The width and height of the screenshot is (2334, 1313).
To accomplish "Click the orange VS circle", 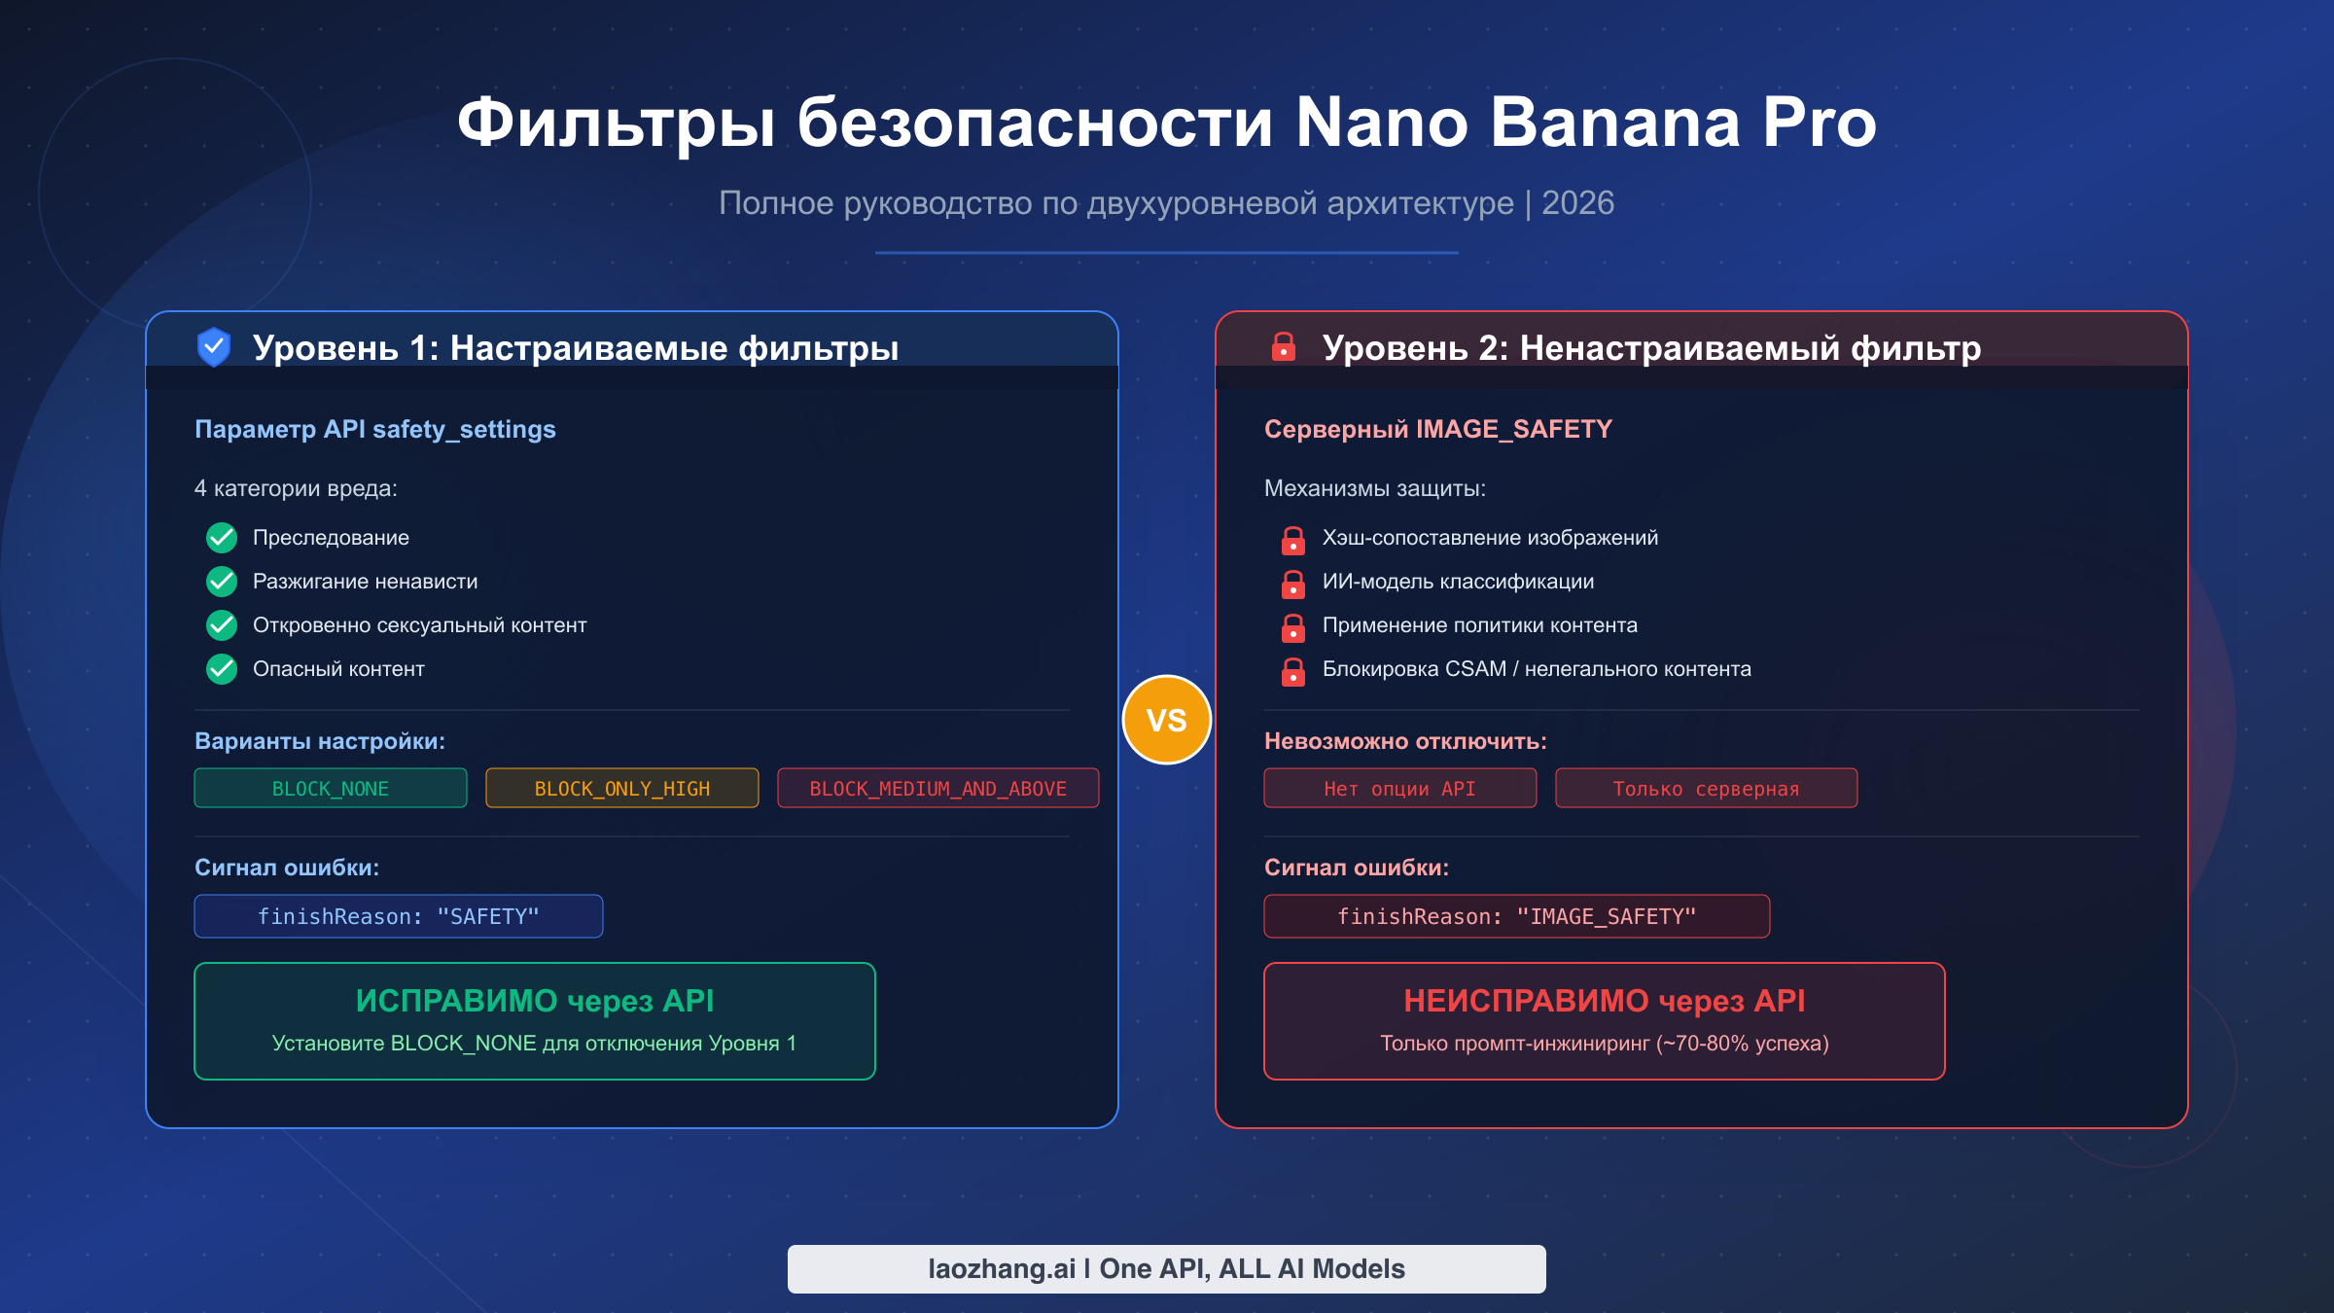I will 1167,720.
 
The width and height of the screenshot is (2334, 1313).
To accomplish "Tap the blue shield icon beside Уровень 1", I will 214,347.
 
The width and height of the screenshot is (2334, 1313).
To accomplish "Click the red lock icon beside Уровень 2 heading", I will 1284,347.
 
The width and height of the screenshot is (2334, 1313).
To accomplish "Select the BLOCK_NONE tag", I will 331,788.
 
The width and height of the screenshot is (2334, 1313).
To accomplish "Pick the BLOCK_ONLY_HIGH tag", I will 622,788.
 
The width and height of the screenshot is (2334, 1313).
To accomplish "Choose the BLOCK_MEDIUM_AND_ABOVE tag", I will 938,788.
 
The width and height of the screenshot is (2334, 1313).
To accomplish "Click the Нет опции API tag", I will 1400,788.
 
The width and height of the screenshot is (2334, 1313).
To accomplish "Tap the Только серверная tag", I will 1707,788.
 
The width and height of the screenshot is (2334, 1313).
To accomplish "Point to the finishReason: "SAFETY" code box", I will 399,916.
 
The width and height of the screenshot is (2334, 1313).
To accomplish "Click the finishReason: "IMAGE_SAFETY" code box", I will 1517,916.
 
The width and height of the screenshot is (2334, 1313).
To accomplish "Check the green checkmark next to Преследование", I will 222,537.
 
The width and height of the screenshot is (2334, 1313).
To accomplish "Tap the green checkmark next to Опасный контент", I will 222,669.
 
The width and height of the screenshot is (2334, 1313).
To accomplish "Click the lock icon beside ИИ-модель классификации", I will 1293,584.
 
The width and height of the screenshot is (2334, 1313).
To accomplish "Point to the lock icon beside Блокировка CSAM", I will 1293,671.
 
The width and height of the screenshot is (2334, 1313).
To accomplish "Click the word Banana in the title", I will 1615,123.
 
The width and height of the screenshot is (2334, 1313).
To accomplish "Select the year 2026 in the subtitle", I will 1577,203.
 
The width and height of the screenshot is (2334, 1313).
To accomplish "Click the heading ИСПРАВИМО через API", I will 535,1001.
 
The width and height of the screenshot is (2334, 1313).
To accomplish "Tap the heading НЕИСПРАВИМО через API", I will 1605,1001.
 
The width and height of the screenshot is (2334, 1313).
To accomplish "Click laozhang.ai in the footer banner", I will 1002,1269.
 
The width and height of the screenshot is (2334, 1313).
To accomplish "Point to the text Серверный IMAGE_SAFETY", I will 1438,429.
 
